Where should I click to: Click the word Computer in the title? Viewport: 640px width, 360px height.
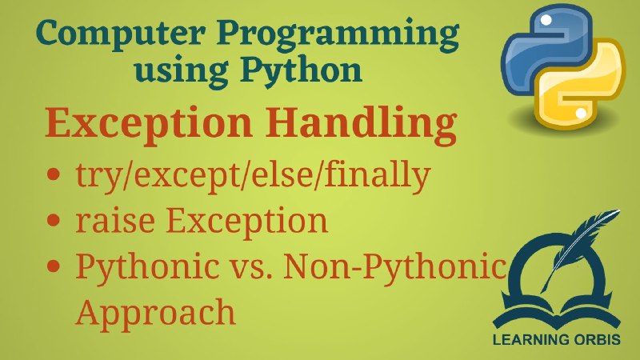click(x=121, y=33)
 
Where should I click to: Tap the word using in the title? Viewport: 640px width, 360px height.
click(x=182, y=72)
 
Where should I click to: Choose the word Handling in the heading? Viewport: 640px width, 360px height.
click(x=361, y=124)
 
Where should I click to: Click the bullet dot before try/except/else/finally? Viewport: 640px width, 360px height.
click(x=54, y=174)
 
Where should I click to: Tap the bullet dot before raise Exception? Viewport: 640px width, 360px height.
click(x=54, y=221)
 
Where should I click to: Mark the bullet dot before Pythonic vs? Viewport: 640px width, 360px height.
click(x=54, y=266)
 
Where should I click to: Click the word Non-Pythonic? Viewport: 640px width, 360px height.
click(x=394, y=266)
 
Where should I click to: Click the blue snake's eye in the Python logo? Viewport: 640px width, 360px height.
click(x=546, y=19)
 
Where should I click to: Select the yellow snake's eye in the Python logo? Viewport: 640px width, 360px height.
click(x=581, y=113)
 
